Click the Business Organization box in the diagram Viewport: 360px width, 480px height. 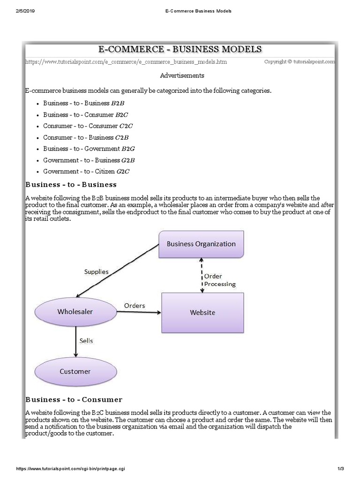tap(201, 244)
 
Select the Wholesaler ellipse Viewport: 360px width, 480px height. tap(75, 312)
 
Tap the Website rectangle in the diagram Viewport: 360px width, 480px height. tap(202, 313)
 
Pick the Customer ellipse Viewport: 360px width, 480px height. tap(75, 371)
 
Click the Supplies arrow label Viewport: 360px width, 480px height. tap(96, 271)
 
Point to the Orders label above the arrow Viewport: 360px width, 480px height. tap(135, 306)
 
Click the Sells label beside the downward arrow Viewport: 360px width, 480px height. tap(86, 341)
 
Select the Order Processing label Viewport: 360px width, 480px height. tap(219, 280)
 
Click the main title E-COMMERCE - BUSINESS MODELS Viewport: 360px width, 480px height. tap(180, 50)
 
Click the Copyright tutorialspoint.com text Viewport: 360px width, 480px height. tap(300, 61)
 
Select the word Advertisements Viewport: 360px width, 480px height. tap(182, 75)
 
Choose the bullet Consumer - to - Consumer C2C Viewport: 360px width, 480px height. tap(88, 126)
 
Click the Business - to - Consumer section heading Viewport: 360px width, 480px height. tap(74, 400)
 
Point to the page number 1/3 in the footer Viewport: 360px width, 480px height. tap(340, 469)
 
